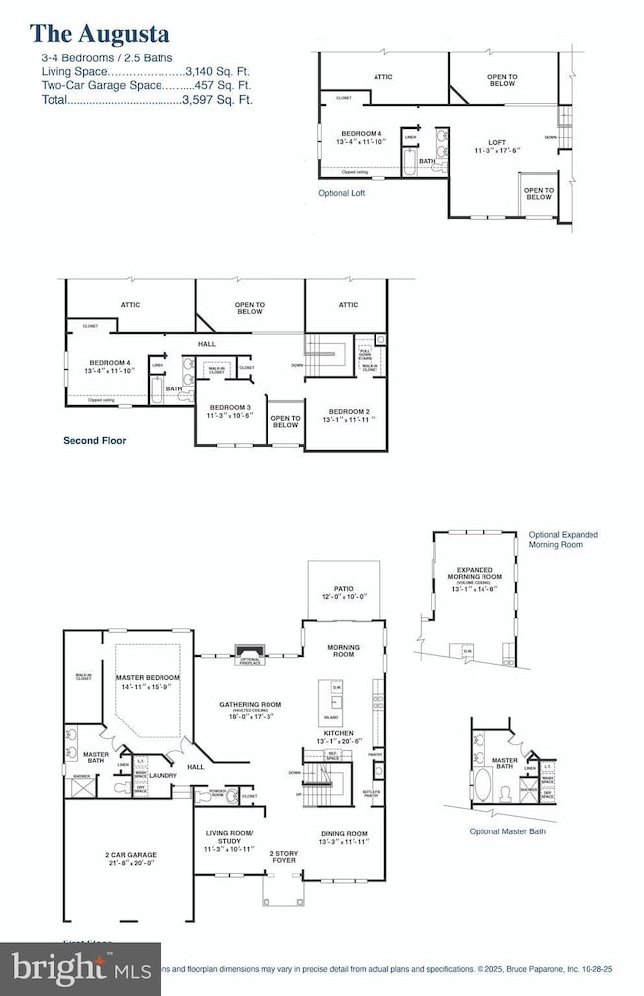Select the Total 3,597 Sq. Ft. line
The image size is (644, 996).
(x=147, y=100)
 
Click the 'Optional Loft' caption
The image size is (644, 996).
(x=341, y=193)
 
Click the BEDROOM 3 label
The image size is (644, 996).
(x=229, y=408)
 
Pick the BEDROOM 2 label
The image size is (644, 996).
(x=349, y=411)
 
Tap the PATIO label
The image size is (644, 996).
(x=343, y=589)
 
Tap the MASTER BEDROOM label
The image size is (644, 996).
(x=146, y=677)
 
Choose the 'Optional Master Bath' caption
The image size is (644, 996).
(x=507, y=831)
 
